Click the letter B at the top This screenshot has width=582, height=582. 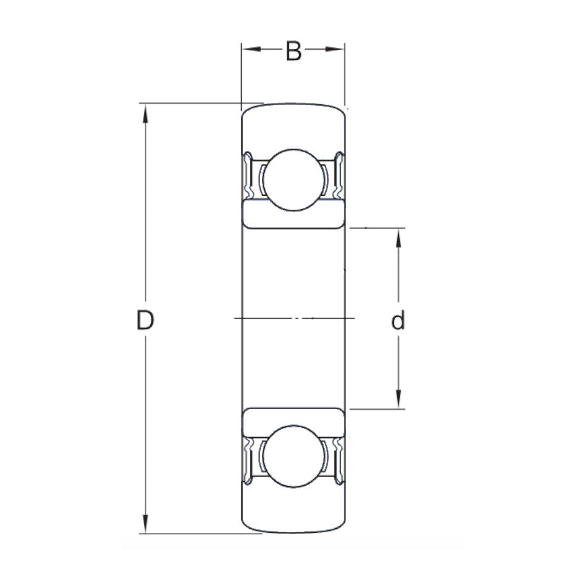coord(293,52)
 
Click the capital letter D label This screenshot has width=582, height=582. coord(144,320)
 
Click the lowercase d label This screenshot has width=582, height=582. coord(398,321)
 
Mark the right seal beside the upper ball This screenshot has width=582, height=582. coord(338,177)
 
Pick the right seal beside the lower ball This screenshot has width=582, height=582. coord(338,459)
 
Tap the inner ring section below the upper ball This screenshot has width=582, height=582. coord(293,217)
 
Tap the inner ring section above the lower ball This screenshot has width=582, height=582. coord(293,418)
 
